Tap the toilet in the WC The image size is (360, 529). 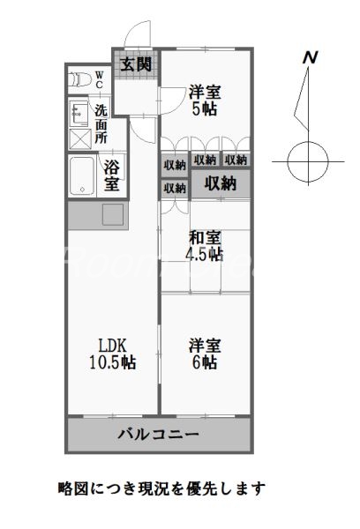(80, 78)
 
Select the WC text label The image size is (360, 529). (100, 78)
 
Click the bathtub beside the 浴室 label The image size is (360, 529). (82, 175)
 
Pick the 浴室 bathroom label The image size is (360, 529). (112, 175)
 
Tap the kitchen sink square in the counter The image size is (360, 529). (114, 214)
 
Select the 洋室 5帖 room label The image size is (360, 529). (205, 98)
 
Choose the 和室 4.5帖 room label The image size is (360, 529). (205, 246)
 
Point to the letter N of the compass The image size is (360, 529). (310, 57)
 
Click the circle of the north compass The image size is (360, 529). (310, 161)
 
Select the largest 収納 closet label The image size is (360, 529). (221, 183)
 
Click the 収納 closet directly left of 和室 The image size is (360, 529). (174, 188)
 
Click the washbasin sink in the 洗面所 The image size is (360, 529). (78, 113)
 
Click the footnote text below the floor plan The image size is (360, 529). (161, 487)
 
